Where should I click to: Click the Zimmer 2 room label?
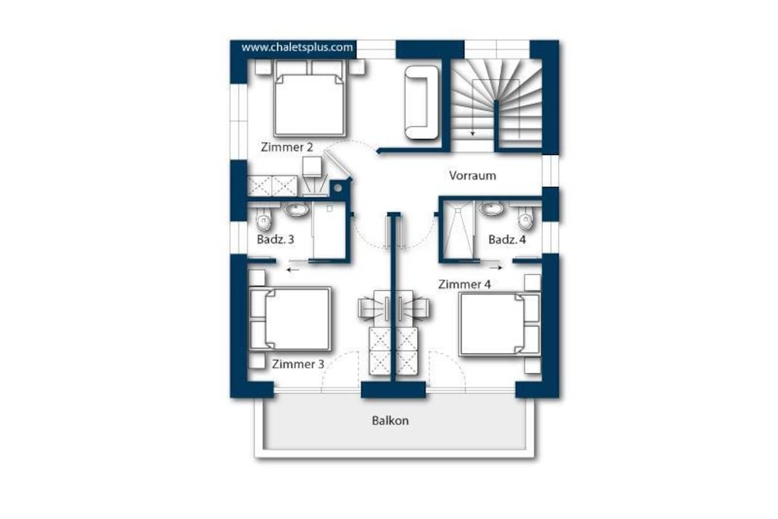pyautogui.click(x=286, y=147)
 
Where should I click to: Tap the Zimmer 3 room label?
pyautogui.click(x=298, y=364)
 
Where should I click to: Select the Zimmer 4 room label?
pyautogui.click(x=464, y=284)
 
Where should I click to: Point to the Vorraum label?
pyautogui.click(x=473, y=175)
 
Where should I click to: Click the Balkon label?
pyautogui.click(x=391, y=420)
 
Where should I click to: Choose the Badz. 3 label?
pyautogui.click(x=275, y=239)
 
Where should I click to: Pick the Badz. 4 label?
pyautogui.click(x=507, y=239)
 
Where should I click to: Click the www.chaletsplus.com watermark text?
pyautogui.click(x=297, y=47)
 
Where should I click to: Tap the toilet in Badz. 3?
pyautogui.click(x=264, y=220)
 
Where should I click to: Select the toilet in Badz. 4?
pyautogui.click(x=526, y=218)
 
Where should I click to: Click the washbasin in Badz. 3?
pyautogui.click(x=296, y=210)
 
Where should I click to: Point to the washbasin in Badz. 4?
pyautogui.click(x=492, y=209)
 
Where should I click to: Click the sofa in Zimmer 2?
pyautogui.click(x=422, y=103)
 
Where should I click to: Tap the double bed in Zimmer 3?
pyautogui.click(x=289, y=320)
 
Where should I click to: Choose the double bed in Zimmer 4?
pyautogui.click(x=500, y=324)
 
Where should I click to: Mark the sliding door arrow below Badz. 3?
pyautogui.click(x=293, y=270)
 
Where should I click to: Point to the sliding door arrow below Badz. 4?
pyautogui.click(x=496, y=267)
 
